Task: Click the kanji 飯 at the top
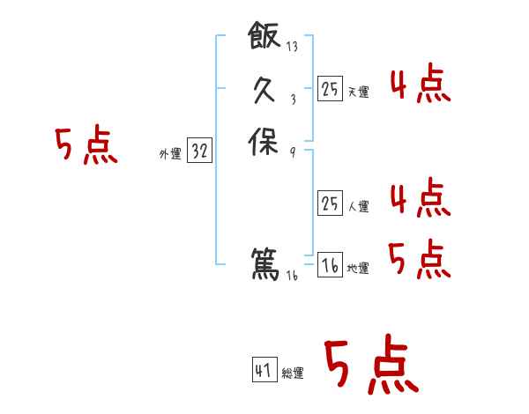point(264,39)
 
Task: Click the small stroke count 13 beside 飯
point(292,47)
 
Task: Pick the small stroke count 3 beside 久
point(292,99)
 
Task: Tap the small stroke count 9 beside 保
point(292,151)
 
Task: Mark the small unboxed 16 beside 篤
point(292,275)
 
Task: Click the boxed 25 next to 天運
point(330,88)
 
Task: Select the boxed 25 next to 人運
point(330,203)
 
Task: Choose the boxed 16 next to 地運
point(330,265)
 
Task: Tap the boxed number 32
point(199,152)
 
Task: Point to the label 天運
point(358,92)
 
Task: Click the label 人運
point(358,207)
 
